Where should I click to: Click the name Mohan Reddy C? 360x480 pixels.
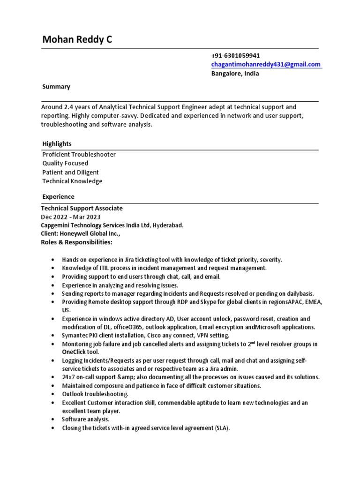pyautogui.click(x=77, y=40)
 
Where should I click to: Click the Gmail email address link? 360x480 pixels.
pyautogui.click(x=266, y=64)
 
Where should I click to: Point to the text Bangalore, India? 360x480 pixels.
pyautogui.click(x=234, y=73)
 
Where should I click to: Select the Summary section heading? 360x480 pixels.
pyautogui.click(x=56, y=87)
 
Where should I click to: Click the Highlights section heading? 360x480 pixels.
pyautogui.click(x=57, y=143)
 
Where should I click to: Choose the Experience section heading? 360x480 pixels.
pyautogui.click(x=58, y=196)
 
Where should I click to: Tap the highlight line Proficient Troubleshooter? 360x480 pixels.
pyautogui.click(x=79, y=154)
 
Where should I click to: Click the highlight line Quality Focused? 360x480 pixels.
pyautogui.click(x=65, y=163)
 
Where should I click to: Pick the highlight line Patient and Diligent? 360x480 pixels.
pyautogui.click(x=70, y=172)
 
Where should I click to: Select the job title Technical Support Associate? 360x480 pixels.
pyautogui.click(x=82, y=208)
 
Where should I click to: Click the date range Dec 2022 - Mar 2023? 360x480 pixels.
pyautogui.click(x=70, y=217)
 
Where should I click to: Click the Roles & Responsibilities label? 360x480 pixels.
pyautogui.click(x=76, y=242)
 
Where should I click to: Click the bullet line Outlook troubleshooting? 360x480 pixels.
pyautogui.click(x=95, y=394)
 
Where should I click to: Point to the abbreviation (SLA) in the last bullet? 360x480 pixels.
pyautogui.click(x=222, y=428)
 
